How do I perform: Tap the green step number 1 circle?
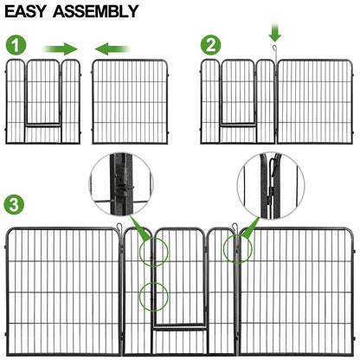[15, 46]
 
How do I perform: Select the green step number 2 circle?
[210, 45]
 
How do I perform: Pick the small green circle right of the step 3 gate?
[234, 249]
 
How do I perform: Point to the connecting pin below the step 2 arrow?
[274, 58]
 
